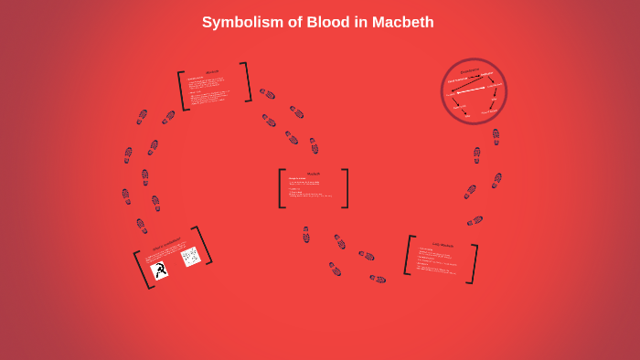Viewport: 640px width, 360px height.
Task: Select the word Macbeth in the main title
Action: (x=403, y=22)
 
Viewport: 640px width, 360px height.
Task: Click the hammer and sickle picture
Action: (x=159, y=270)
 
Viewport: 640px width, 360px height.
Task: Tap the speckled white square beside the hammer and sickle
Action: (x=190, y=257)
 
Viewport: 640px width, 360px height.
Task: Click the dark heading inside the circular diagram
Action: (x=470, y=70)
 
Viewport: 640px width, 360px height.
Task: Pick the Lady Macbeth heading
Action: (x=443, y=245)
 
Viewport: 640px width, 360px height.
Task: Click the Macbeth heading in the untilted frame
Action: (x=314, y=174)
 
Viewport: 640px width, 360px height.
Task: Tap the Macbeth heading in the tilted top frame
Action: (x=212, y=72)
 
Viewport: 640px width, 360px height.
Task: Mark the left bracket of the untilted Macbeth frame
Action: (x=282, y=188)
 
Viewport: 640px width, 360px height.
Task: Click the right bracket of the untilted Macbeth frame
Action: (x=346, y=188)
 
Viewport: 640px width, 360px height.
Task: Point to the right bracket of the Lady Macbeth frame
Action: (x=474, y=264)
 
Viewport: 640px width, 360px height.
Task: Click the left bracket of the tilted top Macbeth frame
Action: (x=183, y=91)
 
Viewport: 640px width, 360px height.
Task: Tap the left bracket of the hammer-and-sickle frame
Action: (x=142, y=270)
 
